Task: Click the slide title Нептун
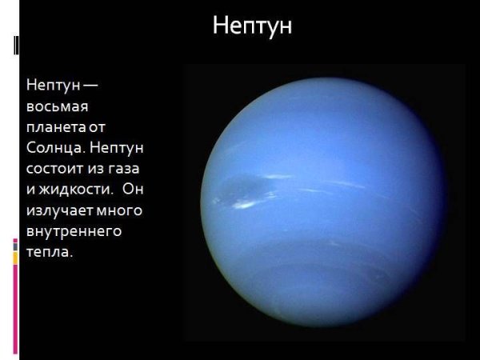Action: [x=252, y=26]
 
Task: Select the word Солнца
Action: [x=54, y=148]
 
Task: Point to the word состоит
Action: [x=56, y=169]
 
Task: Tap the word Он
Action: [x=133, y=190]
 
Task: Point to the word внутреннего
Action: [x=73, y=232]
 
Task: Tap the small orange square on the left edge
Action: [x=15, y=258]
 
